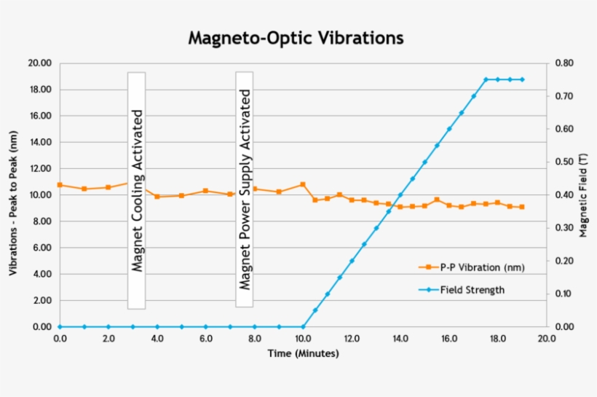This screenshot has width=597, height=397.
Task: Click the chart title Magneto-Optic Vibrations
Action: (296, 37)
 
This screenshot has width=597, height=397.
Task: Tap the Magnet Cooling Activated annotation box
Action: (136, 190)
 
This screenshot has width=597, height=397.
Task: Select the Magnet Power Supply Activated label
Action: (245, 190)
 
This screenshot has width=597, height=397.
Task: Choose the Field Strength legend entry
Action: (472, 290)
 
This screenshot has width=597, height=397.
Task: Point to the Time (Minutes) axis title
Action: (303, 354)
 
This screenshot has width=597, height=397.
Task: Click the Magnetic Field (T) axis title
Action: (582, 195)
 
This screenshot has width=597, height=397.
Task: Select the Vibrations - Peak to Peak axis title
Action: (13, 195)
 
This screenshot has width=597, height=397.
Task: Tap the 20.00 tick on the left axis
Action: (39, 63)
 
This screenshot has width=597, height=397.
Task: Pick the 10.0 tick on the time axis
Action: (303, 339)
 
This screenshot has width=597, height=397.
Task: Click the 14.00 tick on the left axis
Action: (39, 143)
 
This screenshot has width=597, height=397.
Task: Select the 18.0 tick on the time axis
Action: (497, 339)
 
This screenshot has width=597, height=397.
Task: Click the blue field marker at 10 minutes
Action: (303, 327)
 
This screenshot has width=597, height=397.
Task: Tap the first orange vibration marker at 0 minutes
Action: (60, 185)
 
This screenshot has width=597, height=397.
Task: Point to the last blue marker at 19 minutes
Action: (522, 79)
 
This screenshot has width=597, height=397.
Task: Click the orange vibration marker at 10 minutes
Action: (303, 184)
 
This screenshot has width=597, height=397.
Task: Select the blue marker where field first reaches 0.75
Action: (486, 79)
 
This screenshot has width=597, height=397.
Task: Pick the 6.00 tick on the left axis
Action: (41, 248)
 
